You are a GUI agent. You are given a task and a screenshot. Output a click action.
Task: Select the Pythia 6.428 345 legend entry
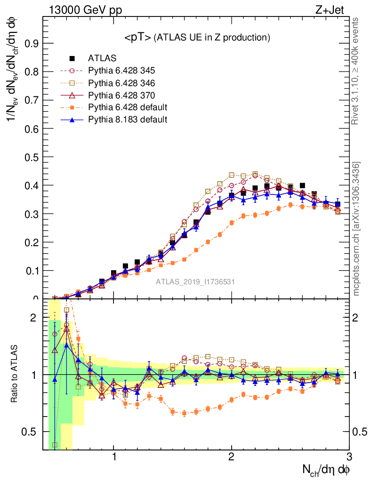point(121,71)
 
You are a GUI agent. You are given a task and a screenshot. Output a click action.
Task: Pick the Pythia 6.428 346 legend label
point(121,83)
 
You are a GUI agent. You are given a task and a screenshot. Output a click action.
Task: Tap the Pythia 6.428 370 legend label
point(121,96)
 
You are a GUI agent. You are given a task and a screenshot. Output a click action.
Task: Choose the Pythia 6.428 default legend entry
point(128,107)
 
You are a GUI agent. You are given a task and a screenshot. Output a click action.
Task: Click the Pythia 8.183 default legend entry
point(128,120)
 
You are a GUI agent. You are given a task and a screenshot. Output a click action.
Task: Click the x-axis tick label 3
point(349,458)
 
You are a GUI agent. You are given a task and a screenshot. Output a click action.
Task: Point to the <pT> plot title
point(197,37)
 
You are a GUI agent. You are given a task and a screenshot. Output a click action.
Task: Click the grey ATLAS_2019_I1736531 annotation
point(195,282)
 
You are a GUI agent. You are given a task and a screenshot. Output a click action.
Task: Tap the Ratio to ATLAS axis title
point(15,375)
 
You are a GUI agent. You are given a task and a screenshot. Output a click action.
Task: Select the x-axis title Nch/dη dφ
point(326,470)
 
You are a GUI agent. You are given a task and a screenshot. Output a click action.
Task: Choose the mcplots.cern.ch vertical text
point(356,229)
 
